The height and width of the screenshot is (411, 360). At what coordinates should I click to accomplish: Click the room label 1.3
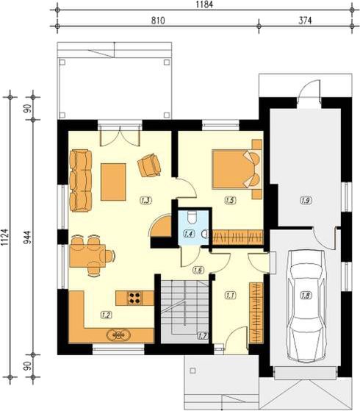145,201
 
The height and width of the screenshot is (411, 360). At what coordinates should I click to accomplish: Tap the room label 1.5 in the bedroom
230,201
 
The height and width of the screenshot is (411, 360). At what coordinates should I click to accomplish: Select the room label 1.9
306,201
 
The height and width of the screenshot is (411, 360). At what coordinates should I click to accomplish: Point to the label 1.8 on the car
306,296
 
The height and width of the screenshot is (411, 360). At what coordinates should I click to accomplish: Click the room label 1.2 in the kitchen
106,315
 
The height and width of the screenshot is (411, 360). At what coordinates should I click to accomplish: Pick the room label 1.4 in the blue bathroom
189,234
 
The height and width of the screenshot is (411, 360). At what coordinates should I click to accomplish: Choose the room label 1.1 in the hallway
230,296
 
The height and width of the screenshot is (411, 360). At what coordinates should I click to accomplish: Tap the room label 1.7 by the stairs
203,336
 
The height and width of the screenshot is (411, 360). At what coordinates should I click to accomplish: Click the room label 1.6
198,270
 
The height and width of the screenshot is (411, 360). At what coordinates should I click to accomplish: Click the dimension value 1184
204,4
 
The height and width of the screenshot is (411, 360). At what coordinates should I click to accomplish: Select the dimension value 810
158,21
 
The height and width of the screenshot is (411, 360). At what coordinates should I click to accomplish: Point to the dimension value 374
305,21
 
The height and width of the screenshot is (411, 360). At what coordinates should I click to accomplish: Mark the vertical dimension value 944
27,237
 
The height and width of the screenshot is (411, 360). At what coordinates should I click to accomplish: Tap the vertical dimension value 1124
5,237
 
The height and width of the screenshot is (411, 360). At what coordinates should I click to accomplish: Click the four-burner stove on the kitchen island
135,298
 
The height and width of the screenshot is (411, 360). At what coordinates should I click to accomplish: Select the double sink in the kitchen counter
118,335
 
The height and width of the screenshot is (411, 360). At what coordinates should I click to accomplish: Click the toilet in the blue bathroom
192,218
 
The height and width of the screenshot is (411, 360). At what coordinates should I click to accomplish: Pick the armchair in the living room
149,165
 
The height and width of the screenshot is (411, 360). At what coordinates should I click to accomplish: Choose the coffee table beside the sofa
113,182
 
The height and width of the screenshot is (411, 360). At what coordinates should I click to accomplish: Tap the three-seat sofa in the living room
81,181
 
